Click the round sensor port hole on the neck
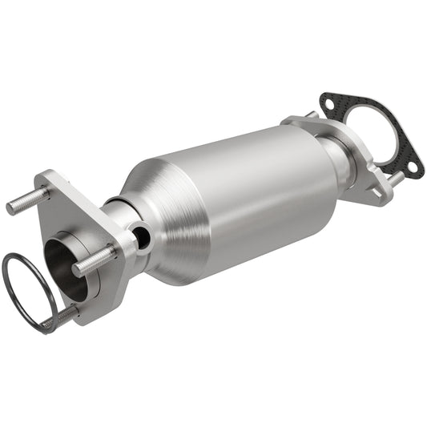[141, 236]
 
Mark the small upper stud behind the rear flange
[311, 115]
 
